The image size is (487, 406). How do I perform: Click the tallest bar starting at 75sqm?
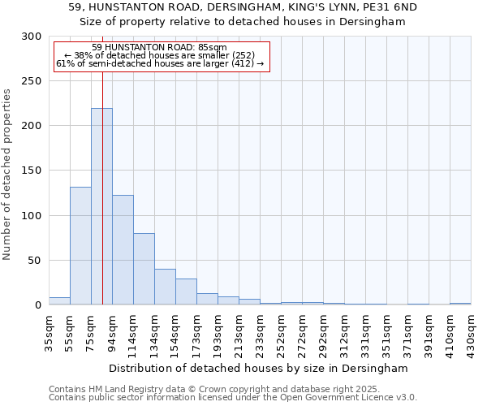point(101,207)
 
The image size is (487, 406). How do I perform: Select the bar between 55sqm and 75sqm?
point(80,246)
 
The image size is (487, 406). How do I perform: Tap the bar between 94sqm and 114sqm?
point(123,250)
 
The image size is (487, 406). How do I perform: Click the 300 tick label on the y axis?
point(32,37)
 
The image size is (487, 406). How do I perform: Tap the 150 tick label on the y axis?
point(32,171)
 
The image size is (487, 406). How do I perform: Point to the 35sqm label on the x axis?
point(49,331)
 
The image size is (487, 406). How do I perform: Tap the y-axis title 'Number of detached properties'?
point(8,175)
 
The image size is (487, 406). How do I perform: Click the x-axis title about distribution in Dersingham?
point(259,368)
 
